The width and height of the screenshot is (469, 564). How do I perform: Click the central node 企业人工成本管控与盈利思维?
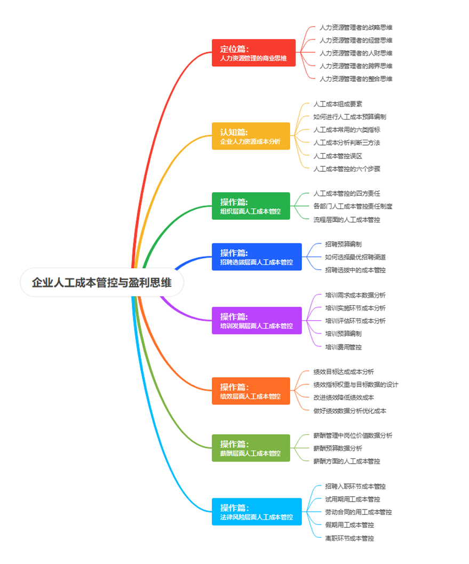tap(102, 282)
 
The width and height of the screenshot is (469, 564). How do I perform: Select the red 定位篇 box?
tap(253, 53)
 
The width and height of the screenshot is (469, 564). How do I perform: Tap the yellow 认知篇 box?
tap(251, 136)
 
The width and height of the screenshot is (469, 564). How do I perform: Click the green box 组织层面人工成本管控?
tap(251, 206)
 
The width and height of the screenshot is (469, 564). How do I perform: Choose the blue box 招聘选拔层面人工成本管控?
tap(257, 257)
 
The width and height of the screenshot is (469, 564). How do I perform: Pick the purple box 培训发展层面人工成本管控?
tap(257, 321)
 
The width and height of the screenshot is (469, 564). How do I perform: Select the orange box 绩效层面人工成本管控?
tap(251, 391)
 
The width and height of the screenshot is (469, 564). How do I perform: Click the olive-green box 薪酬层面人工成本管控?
tap(251, 448)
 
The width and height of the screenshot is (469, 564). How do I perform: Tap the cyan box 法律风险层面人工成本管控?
tap(257, 512)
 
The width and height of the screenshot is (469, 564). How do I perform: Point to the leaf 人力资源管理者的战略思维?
tap(356, 27)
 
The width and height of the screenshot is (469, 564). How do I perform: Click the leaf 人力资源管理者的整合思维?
tap(356, 79)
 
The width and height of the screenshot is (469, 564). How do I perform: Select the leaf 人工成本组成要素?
tap(338, 104)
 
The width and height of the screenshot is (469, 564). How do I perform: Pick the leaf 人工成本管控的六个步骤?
tap(347, 169)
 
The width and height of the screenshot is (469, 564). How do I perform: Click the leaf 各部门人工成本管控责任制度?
tap(353, 206)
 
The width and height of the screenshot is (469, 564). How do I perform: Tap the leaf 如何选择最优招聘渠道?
tap(355, 257)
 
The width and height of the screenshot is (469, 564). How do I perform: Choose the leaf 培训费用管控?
tap(343, 347)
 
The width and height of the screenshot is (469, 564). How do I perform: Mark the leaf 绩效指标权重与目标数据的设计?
tap(356, 384)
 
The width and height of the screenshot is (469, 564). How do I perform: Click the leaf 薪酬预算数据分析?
tap(338, 448)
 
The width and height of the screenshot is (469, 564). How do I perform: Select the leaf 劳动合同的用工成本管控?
tap(359, 512)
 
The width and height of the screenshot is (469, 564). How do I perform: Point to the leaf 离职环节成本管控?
tap(349, 538)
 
